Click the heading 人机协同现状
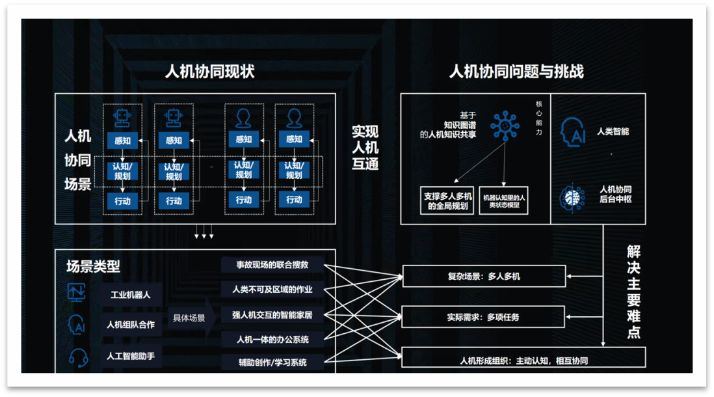(x=209, y=72)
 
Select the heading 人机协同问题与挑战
(x=516, y=72)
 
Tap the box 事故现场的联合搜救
(x=272, y=265)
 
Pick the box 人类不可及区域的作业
(x=272, y=289)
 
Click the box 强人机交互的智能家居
(x=272, y=315)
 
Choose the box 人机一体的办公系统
(x=272, y=339)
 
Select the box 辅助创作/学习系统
(x=272, y=363)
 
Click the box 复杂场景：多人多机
(x=484, y=277)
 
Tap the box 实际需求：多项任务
(x=484, y=318)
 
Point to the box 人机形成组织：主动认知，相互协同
(x=523, y=360)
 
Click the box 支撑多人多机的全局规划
(x=447, y=200)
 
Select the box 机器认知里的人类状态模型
(x=503, y=200)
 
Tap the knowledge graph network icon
(x=505, y=124)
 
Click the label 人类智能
(x=614, y=131)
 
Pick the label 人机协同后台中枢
(x=615, y=194)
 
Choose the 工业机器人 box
(x=130, y=295)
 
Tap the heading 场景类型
(x=93, y=266)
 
